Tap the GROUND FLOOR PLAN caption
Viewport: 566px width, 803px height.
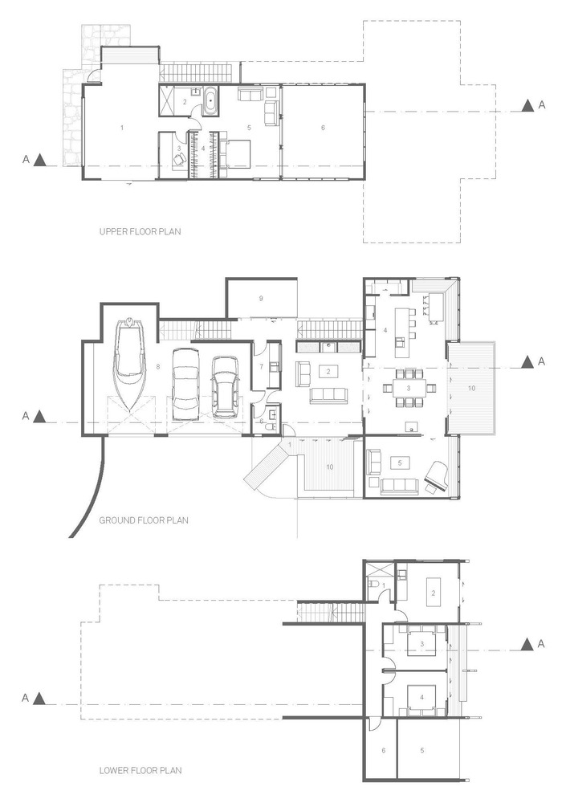click(144, 520)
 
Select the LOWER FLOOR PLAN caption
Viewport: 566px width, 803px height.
click(140, 771)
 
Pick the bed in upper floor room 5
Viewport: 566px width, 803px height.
click(234, 153)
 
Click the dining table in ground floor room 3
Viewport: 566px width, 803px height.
click(409, 387)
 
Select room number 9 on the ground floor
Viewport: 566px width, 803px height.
click(262, 298)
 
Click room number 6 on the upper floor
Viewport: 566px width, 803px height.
click(323, 128)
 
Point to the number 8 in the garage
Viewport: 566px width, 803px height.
click(158, 367)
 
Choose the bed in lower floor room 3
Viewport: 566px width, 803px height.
click(422, 643)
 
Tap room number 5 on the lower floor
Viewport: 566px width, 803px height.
click(422, 750)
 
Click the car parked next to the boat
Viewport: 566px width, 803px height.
click(186, 383)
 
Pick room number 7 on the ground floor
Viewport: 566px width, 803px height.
click(262, 367)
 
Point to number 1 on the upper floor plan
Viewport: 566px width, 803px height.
click(122, 128)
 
